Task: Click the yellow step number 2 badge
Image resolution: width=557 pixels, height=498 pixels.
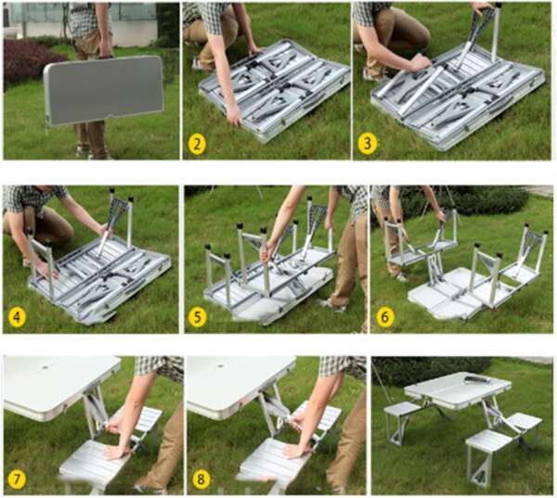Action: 197,144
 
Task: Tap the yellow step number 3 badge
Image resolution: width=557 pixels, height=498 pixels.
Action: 368,143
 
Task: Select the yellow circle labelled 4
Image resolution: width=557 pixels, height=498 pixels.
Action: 17,317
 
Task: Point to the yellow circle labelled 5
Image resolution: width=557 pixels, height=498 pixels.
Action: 198,317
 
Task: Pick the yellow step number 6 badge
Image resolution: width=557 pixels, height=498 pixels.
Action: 384,317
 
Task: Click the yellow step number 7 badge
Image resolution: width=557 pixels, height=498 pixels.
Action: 17,479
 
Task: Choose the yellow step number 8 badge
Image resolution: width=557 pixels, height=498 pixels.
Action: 201,479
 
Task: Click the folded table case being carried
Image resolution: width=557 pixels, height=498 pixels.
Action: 103,91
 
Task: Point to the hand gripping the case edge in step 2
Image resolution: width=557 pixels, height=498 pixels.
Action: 235,117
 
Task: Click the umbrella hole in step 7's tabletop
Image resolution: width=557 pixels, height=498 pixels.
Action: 45,367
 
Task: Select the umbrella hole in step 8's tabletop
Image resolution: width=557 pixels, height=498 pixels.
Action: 220,366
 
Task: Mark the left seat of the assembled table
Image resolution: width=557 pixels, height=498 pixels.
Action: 403,409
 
